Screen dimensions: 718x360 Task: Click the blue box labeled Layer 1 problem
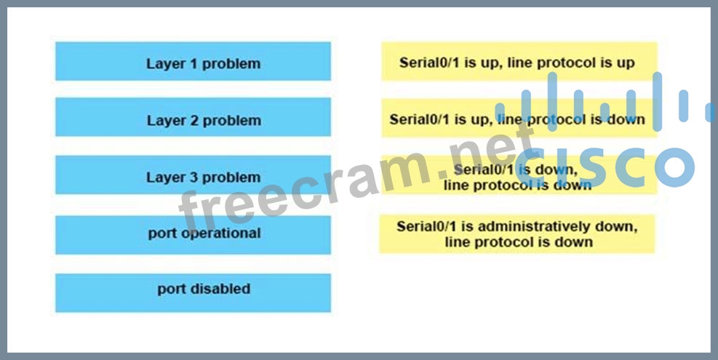click(x=194, y=61)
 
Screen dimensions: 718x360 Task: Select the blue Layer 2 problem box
click(x=194, y=117)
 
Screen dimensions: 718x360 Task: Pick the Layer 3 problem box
click(x=194, y=175)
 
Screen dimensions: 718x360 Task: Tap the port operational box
click(x=194, y=235)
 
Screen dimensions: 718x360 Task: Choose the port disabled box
click(x=194, y=292)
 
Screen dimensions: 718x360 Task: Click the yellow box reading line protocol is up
click(x=519, y=61)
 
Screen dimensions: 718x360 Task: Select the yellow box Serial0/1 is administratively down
click(x=517, y=233)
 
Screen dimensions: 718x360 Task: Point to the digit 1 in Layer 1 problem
click(x=194, y=64)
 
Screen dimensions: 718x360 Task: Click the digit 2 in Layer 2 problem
click(x=194, y=121)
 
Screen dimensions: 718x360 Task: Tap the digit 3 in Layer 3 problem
click(x=194, y=177)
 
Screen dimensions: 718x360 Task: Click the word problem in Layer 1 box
click(x=231, y=64)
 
